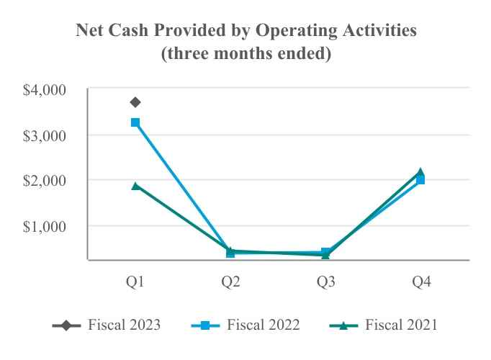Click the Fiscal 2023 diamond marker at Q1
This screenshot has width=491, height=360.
tap(135, 102)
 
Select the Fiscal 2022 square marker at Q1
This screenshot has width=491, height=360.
tap(135, 122)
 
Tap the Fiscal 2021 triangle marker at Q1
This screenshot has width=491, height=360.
tap(135, 186)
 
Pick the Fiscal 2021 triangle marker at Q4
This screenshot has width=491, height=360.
tap(420, 172)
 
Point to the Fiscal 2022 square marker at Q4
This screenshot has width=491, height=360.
tap(420, 180)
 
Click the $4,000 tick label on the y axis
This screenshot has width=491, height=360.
tap(45, 90)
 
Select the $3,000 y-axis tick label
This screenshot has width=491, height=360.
tap(45, 135)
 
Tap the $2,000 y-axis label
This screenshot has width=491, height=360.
tap(45, 180)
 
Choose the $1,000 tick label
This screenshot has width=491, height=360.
tap(45, 225)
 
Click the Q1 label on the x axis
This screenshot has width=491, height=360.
tap(135, 283)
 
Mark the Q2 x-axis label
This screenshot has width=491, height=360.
tap(230, 283)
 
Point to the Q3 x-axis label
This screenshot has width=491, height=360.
tap(325, 283)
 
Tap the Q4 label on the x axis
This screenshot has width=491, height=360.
tap(420, 283)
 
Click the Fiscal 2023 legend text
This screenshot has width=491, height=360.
tap(124, 325)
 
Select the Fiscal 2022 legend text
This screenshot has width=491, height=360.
tap(263, 325)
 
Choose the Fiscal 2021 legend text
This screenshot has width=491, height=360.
tap(401, 325)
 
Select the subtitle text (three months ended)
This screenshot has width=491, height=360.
tap(245, 53)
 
